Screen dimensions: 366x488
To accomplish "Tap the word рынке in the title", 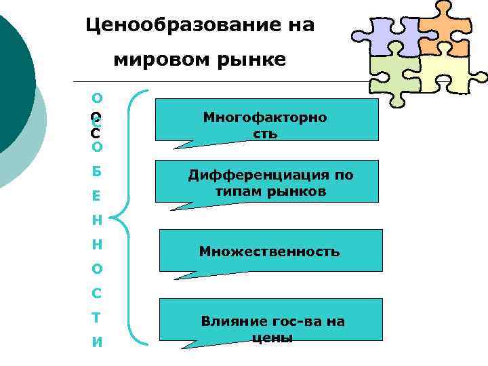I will [x=253, y=60].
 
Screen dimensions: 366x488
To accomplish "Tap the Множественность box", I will [x=270, y=251].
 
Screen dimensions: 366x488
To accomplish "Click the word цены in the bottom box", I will [x=272, y=338].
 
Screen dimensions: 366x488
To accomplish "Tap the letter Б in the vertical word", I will [x=96, y=171].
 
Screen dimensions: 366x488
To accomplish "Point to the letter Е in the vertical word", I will [x=96, y=196].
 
